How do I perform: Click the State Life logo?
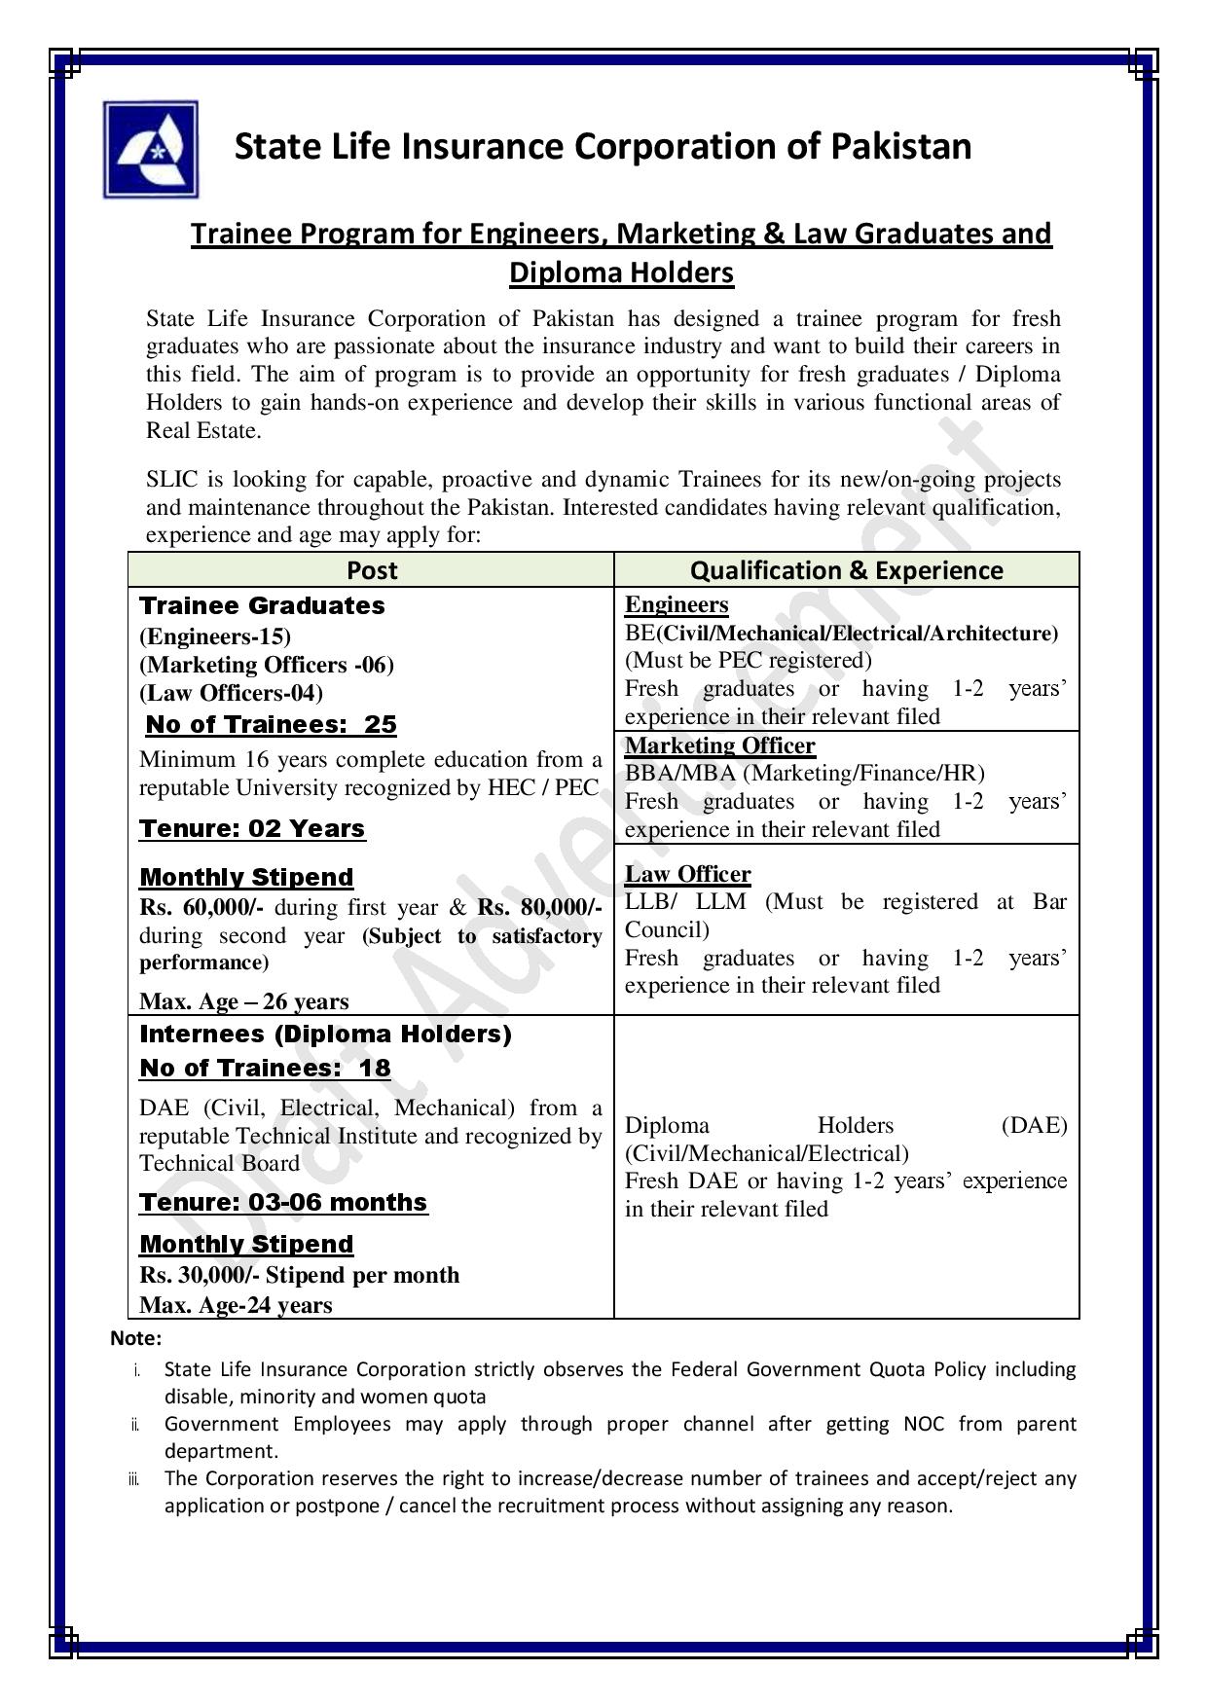[x=151, y=150]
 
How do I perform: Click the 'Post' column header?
[x=371, y=570]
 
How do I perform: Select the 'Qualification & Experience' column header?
[x=846, y=570]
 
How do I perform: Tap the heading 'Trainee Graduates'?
[x=262, y=605]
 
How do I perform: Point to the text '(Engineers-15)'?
[x=215, y=636]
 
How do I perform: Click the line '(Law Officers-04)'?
[x=231, y=693]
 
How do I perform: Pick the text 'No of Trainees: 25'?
[x=271, y=724]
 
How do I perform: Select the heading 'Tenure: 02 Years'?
[x=252, y=828]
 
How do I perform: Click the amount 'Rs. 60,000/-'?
[x=202, y=907]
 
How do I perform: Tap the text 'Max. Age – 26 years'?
[x=243, y=1001]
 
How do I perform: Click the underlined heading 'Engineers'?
[x=677, y=604]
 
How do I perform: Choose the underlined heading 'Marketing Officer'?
[x=719, y=745]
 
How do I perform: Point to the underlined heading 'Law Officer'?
[x=687, y=874]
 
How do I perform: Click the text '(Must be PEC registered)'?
[x=749, y=661]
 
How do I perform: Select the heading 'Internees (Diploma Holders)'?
[x=325, y=1034]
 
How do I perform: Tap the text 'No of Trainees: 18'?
[x=265, y=1068]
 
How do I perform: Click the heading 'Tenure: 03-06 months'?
[x=283, y=1202]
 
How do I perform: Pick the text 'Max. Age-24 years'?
[x=236, y=1305]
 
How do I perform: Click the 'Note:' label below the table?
[x=135, y=1338]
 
